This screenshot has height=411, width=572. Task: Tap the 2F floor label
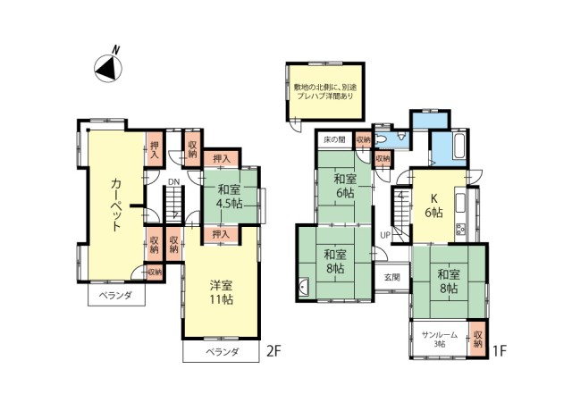[x=275, y=351]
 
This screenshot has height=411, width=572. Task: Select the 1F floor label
[x=500, y=351]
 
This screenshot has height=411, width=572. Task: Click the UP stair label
[x=385, y=235]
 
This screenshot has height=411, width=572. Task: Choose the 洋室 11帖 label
[x=222, y=293]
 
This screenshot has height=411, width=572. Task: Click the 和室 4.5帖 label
[x=229, y=197]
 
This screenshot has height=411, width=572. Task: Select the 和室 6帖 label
[x=342, y=184]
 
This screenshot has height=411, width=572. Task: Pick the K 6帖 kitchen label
[x=434, y=205]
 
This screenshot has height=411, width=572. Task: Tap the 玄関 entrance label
[x=392, y=277]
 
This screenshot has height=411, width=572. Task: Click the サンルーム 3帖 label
[x=440, y=340]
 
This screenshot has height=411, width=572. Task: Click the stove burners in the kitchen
[x=462, y=230]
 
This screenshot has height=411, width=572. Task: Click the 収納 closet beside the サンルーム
[x=477, y=335]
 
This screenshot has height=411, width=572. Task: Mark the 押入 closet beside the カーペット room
[x=155, y=149]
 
